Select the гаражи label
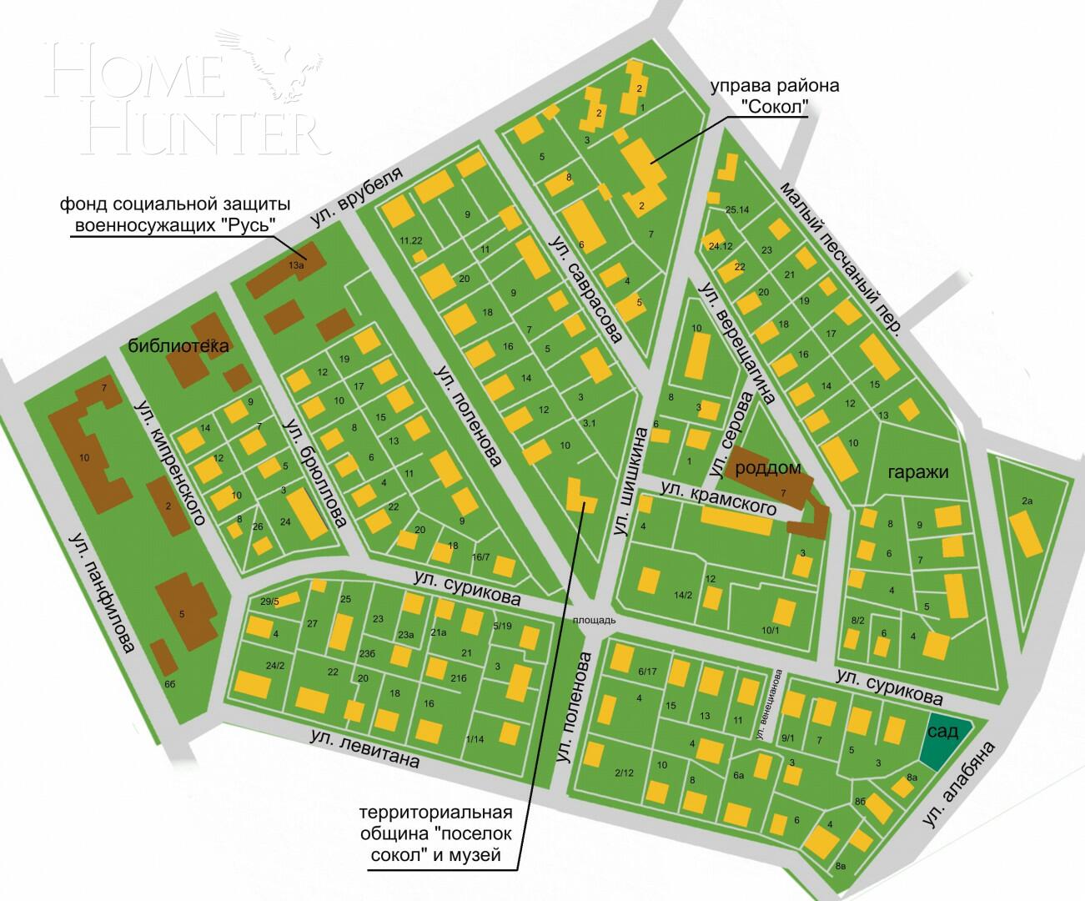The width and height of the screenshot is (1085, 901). [x=917, y=471]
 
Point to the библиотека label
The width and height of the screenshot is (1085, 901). [x=178, y=346]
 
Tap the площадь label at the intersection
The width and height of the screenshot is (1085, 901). [x=594, y=620]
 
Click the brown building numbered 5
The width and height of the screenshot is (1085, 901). [x=183, y=613]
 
